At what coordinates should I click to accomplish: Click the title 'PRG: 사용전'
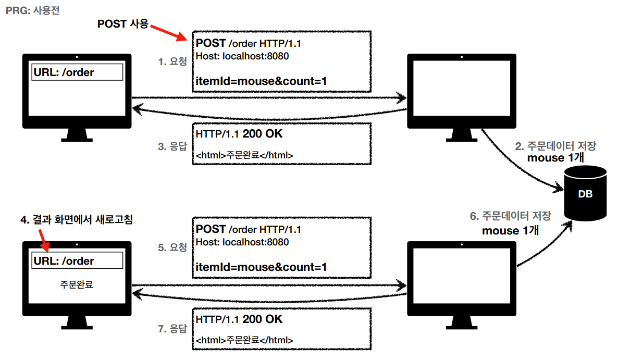coord(32,10)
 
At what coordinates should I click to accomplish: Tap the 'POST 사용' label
coord(123,24)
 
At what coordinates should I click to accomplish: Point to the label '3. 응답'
coord(172,146)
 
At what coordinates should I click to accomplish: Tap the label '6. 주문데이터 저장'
coord(510,216)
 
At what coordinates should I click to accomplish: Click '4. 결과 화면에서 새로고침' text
coord(77,220)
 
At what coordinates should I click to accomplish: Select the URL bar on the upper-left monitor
coord(77,72)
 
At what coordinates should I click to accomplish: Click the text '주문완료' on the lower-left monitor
coord(77,284)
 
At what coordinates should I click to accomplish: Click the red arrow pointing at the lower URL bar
coord(44,241)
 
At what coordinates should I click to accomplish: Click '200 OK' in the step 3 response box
coord(263,134)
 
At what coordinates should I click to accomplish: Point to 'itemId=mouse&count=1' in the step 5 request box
coord(261,267)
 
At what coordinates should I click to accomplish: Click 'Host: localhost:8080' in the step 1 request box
coord(242,56)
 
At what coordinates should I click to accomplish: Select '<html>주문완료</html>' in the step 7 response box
coord(244,340)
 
